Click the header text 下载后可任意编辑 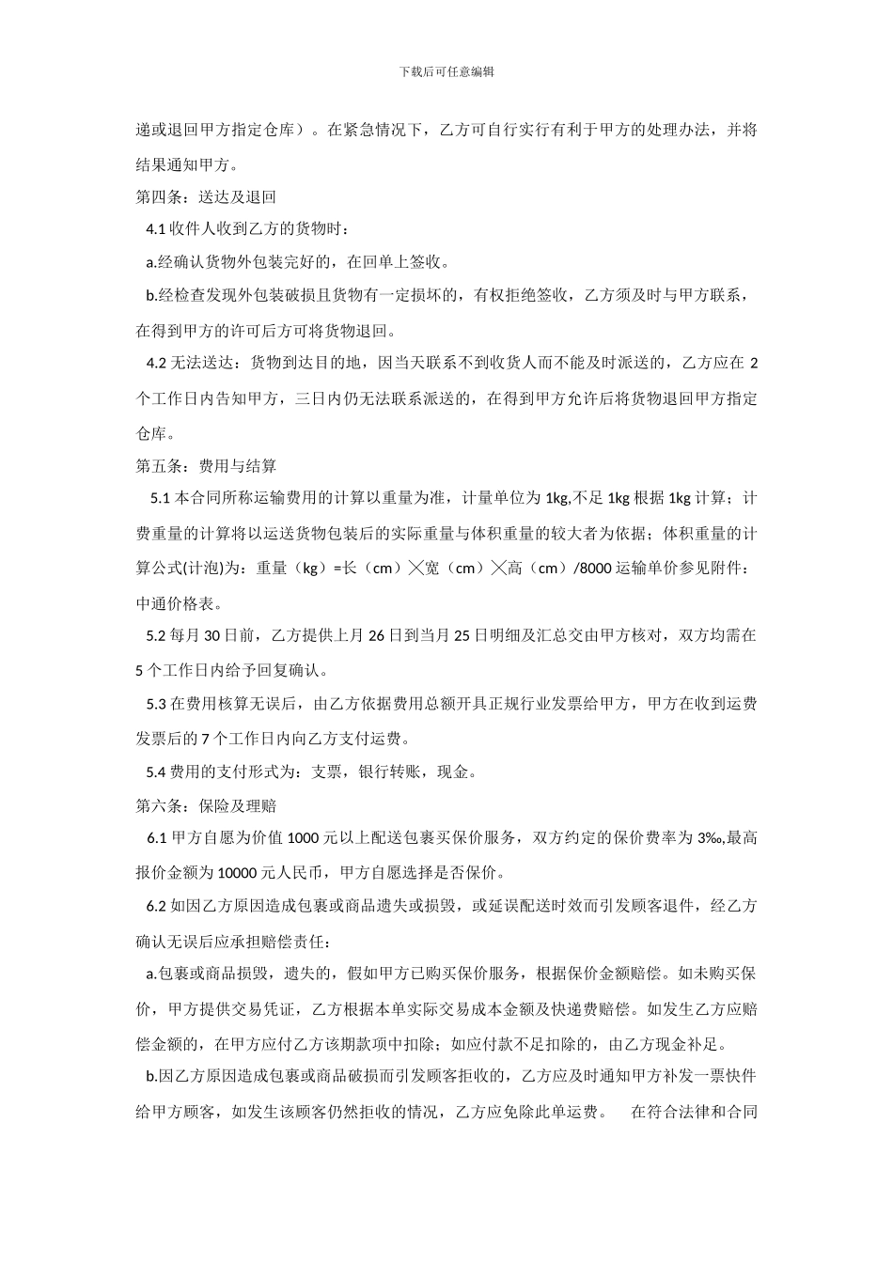[446, 71]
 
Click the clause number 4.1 [156, 229]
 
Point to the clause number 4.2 [156, 363]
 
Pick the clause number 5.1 [160, 497]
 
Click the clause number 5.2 [156, 635]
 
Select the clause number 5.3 [156, 703]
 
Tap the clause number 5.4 [156, 772]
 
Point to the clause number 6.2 [156, 906]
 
